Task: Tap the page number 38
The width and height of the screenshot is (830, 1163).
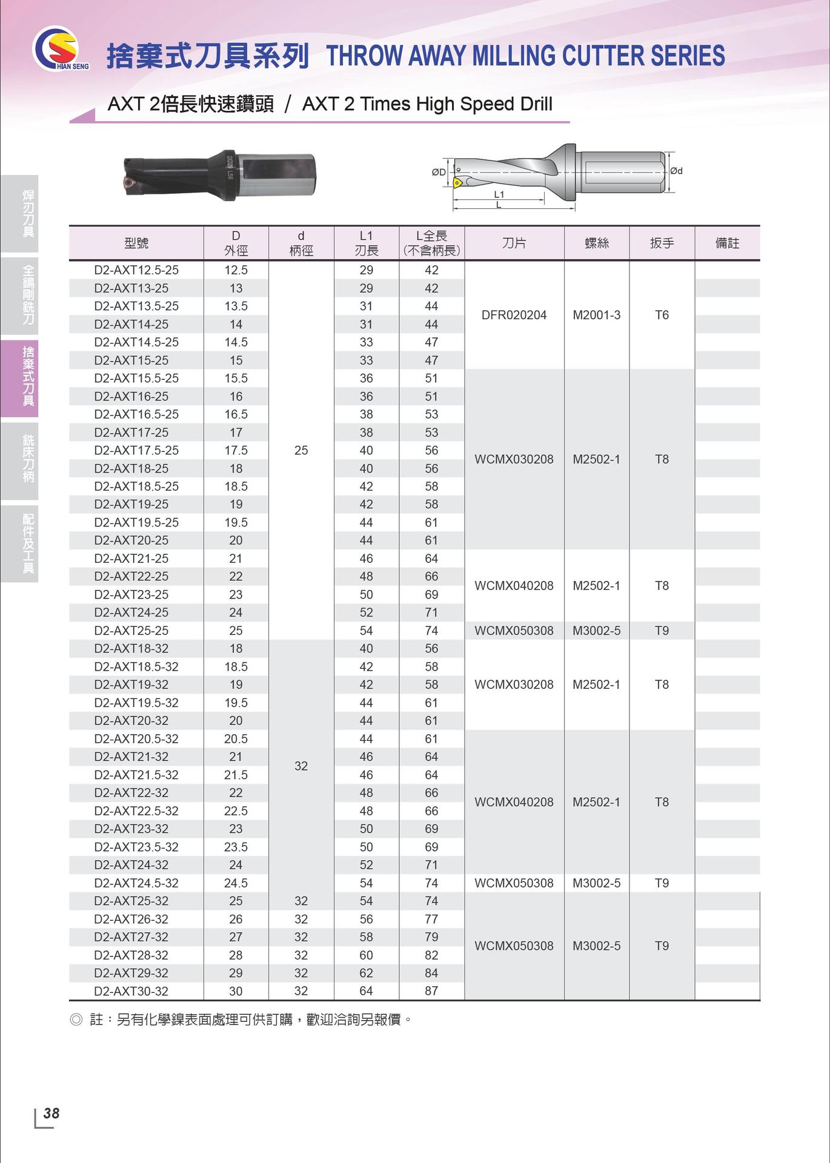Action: (x=51, y=1113)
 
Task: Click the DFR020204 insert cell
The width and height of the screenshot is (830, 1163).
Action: (x=514, y=315)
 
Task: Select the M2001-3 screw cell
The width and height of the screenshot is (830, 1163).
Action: (x=596, y=315)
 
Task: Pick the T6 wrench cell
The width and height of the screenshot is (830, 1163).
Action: (x=662, y=315)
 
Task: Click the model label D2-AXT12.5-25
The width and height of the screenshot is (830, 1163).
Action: (x=136, y=270)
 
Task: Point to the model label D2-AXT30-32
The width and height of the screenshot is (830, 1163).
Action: (x=131, y=991)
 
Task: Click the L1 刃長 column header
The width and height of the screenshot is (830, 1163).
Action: (x=366, y=243)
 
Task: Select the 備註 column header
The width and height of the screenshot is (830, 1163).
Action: (x=727, y=243)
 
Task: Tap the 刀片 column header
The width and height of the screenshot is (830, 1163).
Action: (x=514, y=243)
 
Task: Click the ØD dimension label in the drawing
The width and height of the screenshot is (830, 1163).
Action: (x=439, y=172)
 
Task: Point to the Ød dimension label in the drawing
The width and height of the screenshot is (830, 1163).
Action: (x=676, y=171)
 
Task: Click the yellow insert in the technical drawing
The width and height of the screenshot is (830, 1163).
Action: (x=459, y=181)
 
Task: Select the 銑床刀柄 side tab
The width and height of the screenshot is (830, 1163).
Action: (x=28, y=458)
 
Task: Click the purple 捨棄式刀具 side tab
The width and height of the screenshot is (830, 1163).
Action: (x=28, y=376)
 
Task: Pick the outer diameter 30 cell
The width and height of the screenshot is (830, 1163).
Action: (x=236, y=991)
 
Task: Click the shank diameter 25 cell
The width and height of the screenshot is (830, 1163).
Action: (x=301, y=450)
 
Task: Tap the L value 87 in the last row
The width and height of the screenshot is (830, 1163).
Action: (x=431, y=991)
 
